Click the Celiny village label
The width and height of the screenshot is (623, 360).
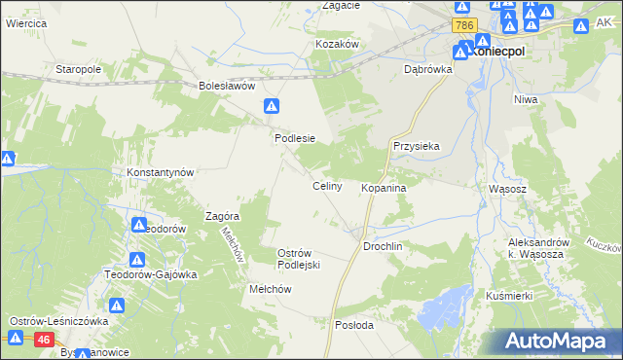(326, 186)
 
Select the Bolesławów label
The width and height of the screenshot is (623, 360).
(227, 86)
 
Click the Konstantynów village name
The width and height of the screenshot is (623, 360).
(162, 172)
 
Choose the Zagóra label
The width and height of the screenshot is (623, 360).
(222, 216)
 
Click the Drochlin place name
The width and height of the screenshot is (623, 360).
(383, 247)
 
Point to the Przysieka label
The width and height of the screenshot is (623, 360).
(417, 146)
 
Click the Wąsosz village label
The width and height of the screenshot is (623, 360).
(506, 188)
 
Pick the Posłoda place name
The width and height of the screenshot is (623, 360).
(354, 325)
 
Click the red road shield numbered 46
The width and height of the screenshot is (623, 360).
(44, 340)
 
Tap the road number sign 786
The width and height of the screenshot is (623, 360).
(463, 25)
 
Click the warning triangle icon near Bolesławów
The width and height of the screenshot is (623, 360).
(274, 105)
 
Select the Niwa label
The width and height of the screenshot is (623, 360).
(528, 98)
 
